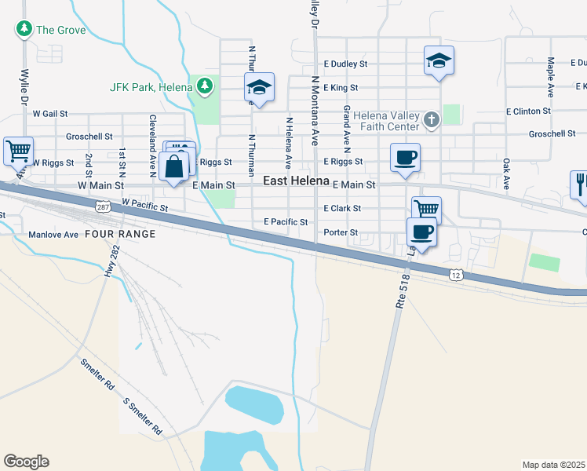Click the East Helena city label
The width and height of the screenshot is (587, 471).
pyautogui.click(x=295, y=181)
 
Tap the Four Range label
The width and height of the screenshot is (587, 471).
pyautogui.click(x=120, y=234)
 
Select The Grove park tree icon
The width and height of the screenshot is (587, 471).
pyautogui.click(x=24, y=30)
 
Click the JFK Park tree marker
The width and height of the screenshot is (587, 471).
pyautogui.click(x=205, y=84)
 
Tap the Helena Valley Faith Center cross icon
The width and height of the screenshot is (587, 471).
pyautogui.click(x=430, y=120)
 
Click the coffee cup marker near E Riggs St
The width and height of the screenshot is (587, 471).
pyautogui.click(x=405, y=157)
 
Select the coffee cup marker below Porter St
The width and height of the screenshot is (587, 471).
pyautogui.click(x=421, y=233)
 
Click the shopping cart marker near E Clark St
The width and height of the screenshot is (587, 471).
pyautogui.click(x=426, y=209)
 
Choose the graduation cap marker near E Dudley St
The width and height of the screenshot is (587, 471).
pyautogui.click(x=439, y=60)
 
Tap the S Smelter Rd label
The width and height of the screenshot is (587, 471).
pyautogui.click(x=143, y=417)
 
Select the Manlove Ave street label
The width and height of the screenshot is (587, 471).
pyautogui.click(x=53, y=235)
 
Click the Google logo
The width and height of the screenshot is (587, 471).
pyautogui.click(x=26, y=462)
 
